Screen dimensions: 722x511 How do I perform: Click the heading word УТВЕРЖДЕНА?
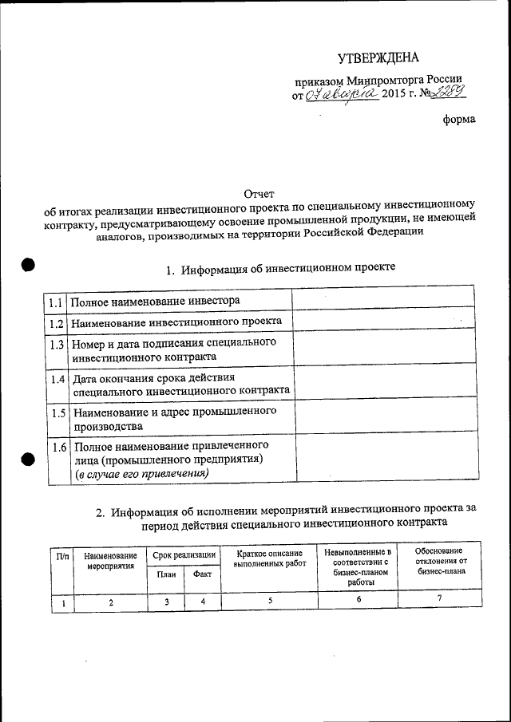[x=378, y=57]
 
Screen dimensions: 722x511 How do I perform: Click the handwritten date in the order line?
[x=341, y=95]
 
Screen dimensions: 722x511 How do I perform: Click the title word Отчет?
[x=258, y=194]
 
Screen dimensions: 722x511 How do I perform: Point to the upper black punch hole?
[x=30, y=266]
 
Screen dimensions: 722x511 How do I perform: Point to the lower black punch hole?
[x=30, y=459]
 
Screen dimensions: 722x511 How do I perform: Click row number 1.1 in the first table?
[x=55, y=303]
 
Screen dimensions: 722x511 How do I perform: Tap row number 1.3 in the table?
[x=56, y=345]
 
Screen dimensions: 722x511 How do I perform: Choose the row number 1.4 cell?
[x=57, y=379]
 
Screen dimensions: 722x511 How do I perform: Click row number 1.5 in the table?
[x=57, y=413]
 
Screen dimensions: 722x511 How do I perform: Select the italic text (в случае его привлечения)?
[x=141, y=474]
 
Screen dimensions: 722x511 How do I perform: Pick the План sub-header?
[x=166, y=574]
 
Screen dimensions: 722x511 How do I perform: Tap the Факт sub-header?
[x=202, y=574]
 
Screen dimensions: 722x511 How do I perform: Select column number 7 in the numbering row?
[x=439, y=599]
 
